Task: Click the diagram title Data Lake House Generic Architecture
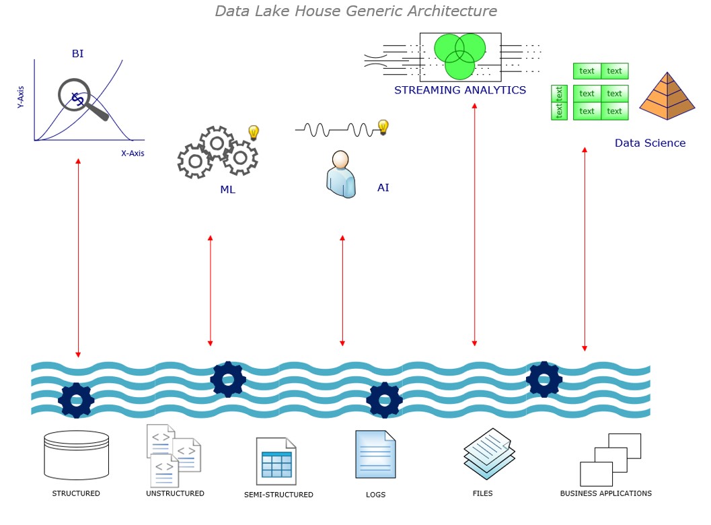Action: [x=356, y=11]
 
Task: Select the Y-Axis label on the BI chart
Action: [x=21, y=96]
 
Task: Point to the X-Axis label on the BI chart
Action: [x=133, y=153]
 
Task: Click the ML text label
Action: [x=227, y=190]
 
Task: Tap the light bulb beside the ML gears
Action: [x=254, y=133]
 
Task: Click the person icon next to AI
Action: [x=341, y=174]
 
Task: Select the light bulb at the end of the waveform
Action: [x=383, y=127]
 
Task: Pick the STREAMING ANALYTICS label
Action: [x=460, y=90]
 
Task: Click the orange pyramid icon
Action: [x=667, y=97]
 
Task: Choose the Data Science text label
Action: [x=650, y=143]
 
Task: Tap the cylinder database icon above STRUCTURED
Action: [x=76, y=455]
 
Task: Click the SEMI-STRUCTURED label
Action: [x=278, y=495]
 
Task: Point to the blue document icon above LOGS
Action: [x=375, y=454]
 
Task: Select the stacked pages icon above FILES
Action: [x=489, y=453]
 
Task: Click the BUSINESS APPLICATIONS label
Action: [x=605, y=493]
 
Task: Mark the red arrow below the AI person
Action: [x=342, y=291]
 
